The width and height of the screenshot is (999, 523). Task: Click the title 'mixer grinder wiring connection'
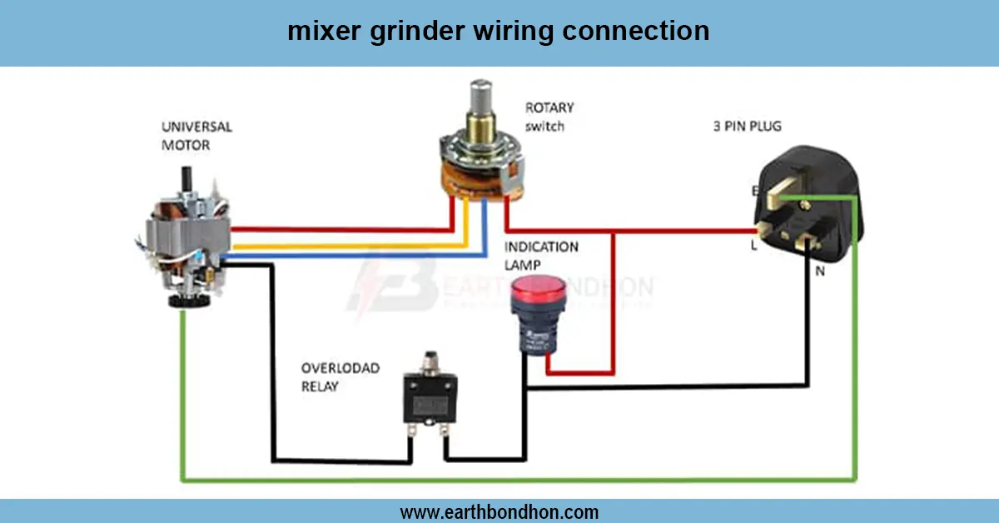(499, 32)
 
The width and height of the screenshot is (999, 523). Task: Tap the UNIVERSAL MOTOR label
(196, 136)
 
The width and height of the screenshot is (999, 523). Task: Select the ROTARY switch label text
(549, 117)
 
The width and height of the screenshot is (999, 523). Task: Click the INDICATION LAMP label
(541, 256)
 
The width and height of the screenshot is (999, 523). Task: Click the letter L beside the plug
(754, 246)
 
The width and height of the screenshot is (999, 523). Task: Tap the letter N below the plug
(819, 271)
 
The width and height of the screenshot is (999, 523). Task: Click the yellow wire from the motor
(350, 247)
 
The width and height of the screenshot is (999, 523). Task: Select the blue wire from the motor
(350, 256)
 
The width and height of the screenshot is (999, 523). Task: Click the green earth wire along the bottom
(516, 481)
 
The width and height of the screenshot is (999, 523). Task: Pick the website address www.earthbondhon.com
(499, 511)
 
